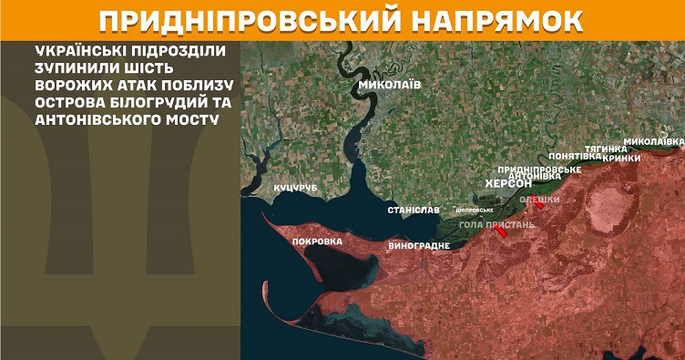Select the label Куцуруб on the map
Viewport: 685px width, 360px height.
[294, 188]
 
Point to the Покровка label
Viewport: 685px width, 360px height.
[317, 242]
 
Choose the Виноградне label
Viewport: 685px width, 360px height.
[418, 246]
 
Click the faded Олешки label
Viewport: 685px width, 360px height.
[539, 197]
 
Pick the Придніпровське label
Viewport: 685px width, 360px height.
[539, 169]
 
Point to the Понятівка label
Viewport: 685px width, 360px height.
[576, 156]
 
